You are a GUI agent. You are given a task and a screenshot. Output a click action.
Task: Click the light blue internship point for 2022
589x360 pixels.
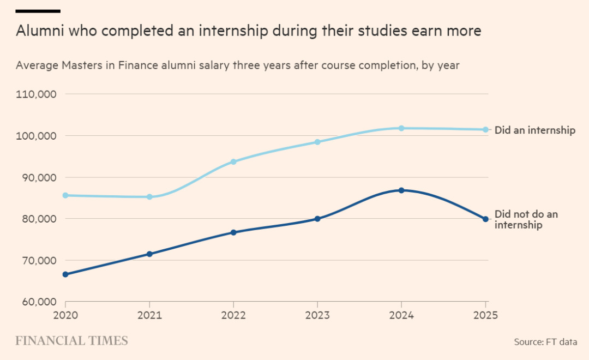[233, 161]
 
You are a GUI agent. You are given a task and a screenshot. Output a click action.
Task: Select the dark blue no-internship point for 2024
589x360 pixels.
[401, 190]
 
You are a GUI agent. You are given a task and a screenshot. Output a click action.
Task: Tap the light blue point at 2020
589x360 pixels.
[65, 195]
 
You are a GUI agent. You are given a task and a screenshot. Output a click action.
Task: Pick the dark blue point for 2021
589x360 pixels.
[149, 254]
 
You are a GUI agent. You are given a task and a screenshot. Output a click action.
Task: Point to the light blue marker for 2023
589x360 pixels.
[317, 142]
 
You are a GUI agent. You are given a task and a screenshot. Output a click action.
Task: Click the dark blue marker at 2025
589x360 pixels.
[485, 219]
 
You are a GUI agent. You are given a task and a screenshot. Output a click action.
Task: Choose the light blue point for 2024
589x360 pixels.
[401, 128]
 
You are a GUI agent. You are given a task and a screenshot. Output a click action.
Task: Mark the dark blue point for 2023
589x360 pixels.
[317, 219]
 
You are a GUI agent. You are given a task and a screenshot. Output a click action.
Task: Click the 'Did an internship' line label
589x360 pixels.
[534, 130]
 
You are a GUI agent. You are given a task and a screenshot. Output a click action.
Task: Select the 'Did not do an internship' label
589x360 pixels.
[526, 219]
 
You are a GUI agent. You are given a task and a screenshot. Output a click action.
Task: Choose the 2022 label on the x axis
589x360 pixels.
[233, 315]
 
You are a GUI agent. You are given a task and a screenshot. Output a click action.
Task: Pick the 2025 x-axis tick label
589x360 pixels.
[485, 315]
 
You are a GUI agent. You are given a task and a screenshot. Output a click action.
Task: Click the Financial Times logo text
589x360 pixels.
[71, 341]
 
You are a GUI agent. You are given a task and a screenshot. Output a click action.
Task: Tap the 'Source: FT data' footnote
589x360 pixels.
[545, 342]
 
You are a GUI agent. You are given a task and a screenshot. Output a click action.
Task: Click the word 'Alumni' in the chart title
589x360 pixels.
[40, 31]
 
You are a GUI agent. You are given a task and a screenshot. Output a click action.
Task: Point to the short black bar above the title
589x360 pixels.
[38, 11]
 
